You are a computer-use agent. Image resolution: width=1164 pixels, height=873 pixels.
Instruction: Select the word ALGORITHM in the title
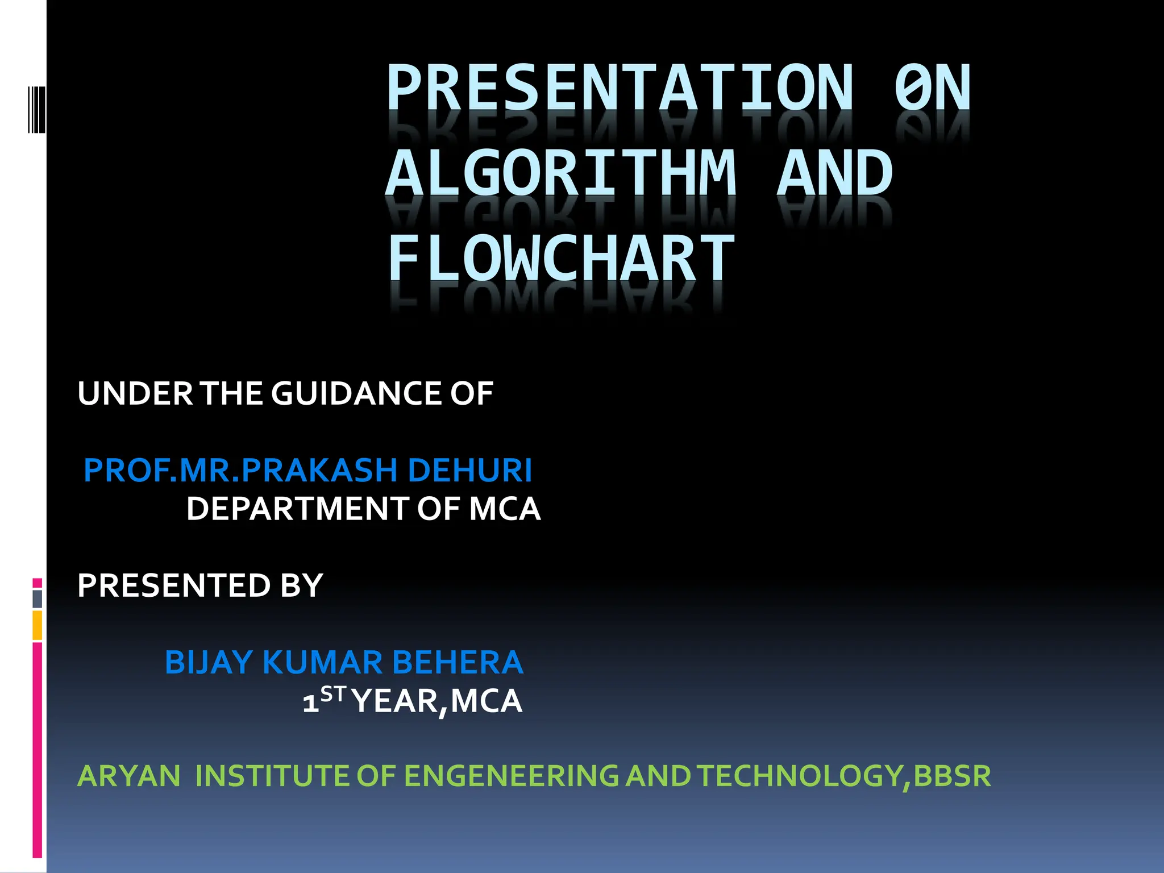pos(560,173)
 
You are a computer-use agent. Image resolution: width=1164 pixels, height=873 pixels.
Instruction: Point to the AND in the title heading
pos(834,173)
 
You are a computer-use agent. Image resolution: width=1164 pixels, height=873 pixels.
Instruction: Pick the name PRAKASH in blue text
pos(319,470)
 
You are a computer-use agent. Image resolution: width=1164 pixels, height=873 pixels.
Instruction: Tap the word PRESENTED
pos(174,585)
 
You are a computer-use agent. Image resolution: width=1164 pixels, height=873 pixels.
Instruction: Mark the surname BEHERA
pos(457,662)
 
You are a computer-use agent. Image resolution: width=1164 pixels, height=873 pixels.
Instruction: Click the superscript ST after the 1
pos(333,694)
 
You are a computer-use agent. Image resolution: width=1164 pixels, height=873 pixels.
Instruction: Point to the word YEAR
pos(396,701)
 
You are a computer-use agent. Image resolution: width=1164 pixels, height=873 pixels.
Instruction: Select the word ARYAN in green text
pos(129,776)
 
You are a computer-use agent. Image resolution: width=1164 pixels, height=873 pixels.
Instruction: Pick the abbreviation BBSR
pos(952,776)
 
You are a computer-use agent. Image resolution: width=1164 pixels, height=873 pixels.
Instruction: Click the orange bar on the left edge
pos(37,625)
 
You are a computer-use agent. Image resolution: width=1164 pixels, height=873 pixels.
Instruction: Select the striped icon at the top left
pos(36,109)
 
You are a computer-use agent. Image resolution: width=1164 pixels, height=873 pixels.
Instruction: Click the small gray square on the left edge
pos(38,598)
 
